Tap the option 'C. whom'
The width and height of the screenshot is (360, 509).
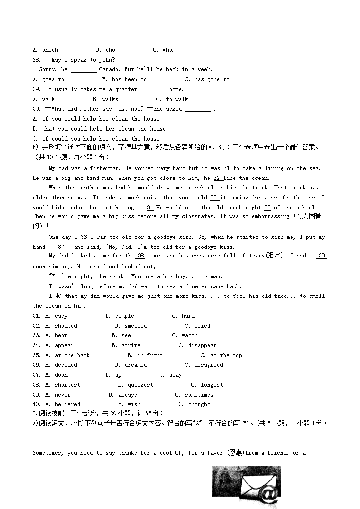point(164,50)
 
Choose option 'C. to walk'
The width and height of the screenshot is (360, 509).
point(172,99)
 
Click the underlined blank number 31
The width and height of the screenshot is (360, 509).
point(227,168)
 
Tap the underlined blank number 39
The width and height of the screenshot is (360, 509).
point(322,256)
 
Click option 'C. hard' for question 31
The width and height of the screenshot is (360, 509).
point(183,316)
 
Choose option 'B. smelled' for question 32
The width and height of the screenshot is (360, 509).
point(131,326)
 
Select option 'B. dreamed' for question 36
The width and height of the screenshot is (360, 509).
point(131,365)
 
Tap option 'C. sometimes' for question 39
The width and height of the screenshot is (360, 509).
point(195,395)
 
